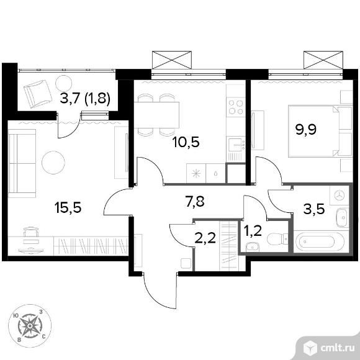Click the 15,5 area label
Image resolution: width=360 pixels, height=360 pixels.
(x=68, y=208)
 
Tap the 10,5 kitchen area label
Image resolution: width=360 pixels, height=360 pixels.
(x=186, y=142)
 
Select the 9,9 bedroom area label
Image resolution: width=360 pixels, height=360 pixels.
(x=306, y=130)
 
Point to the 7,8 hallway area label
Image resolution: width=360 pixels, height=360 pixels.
(x=195, y=202)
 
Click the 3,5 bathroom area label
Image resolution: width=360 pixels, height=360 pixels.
(x=314, y=209)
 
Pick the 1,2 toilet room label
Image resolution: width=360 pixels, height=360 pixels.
(x=253, y=231)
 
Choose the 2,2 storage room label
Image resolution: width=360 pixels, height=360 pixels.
(x=205, y=238)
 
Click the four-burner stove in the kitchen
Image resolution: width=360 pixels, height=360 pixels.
(x=236, y=107)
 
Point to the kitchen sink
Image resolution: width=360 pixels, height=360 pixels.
(x=236, y=145)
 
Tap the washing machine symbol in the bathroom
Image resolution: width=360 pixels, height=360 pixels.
(x=340, y=196)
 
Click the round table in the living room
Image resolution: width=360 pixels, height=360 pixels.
(x=53, y=163)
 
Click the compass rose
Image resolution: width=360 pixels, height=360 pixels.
(x=30, y=326)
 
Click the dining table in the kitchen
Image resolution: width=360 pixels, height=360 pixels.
(x=156, y=115)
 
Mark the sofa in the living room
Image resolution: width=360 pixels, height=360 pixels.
(x=22, y=163)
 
